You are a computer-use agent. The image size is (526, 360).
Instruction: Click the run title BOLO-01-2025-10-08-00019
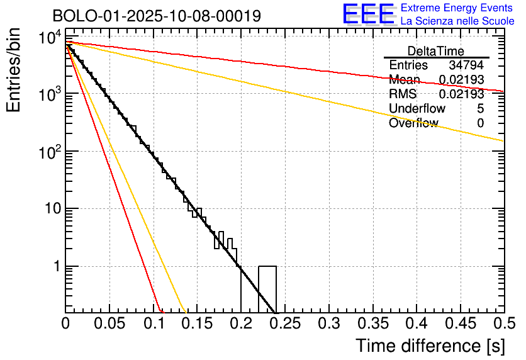coord(157,16)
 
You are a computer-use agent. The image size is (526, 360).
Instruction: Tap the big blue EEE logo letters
coord(368,14)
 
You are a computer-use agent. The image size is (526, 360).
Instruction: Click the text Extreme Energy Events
coord(457,8)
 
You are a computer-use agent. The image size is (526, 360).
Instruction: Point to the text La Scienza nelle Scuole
coord(457,21)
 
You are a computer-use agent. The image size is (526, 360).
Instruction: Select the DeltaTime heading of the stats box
coord(436,51)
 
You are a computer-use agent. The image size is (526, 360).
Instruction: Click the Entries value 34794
coord(466,65)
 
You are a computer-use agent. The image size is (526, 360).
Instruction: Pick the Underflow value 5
coord(480,108)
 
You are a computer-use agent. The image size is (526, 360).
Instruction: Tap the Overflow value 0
coord(480,123)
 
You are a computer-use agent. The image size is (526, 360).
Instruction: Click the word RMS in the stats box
coord(403,94)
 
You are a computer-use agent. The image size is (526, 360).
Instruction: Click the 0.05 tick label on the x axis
coord(110,323)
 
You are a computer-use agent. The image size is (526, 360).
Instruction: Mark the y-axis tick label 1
coord(57,266)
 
